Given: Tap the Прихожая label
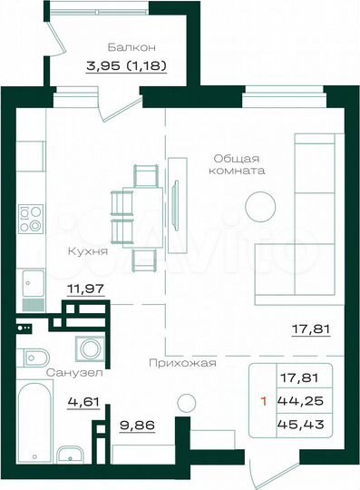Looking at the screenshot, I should click(183, 363).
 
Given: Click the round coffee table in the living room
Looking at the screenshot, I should click(264, 204).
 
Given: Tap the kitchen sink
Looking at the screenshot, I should click(33, 283).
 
